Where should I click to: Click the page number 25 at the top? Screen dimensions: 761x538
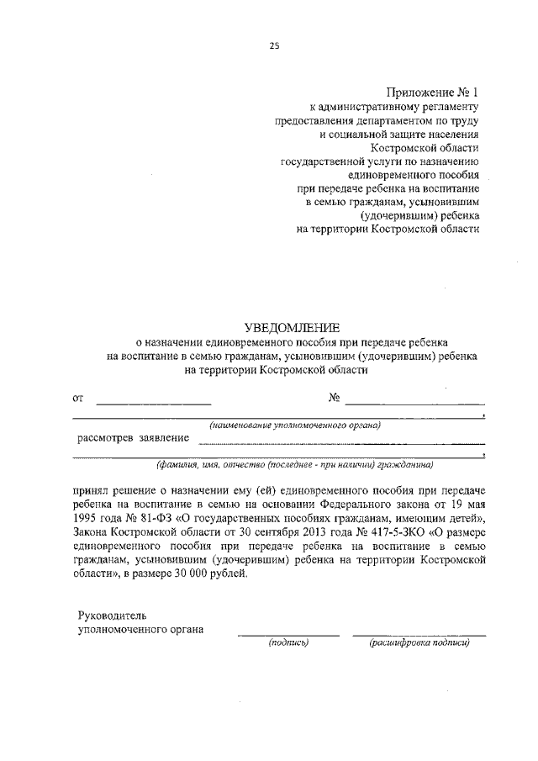[x=273, y=46]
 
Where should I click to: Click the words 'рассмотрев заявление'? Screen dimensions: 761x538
[x=133, y=437]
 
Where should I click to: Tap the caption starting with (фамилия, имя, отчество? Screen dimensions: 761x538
[x=293, y=463]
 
